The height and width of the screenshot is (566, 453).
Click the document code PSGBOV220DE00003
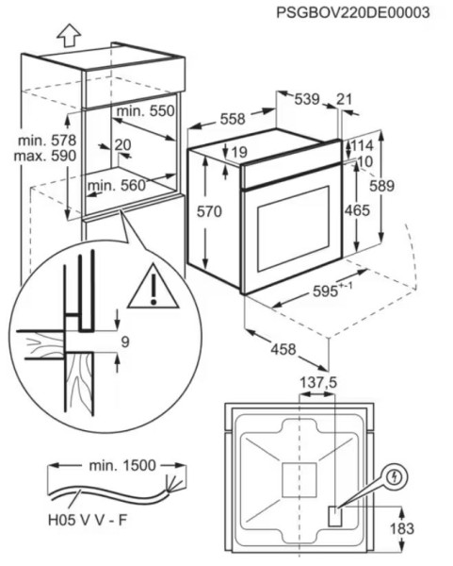[353, 12]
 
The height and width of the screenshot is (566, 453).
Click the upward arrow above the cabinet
[69, 35]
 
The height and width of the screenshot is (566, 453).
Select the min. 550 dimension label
[146, 110]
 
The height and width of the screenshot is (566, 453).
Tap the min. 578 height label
[47, 140]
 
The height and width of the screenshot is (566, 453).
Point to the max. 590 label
[45, 156]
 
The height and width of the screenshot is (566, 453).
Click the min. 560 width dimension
[117, 186]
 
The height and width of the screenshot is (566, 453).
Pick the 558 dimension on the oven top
[233, 119]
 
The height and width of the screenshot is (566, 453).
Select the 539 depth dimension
[307, 99]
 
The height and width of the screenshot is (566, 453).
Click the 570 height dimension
[209, 211]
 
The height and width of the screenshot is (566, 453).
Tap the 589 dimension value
[382, 186]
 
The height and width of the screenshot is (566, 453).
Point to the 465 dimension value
[357, 210]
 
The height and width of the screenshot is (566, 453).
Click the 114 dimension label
[363, 146]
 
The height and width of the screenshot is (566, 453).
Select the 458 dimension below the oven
[283, 349]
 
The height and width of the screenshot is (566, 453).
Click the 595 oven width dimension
[325, 291]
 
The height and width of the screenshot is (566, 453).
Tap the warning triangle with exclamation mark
[154, 286]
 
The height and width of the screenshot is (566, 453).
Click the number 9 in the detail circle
[125, 341]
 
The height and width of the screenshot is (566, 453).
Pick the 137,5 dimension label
[318, 382]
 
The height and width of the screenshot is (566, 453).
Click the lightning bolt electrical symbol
[396, 477]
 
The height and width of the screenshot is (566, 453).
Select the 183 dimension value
[402, 528]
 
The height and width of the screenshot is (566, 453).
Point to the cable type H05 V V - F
[88, 520]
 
